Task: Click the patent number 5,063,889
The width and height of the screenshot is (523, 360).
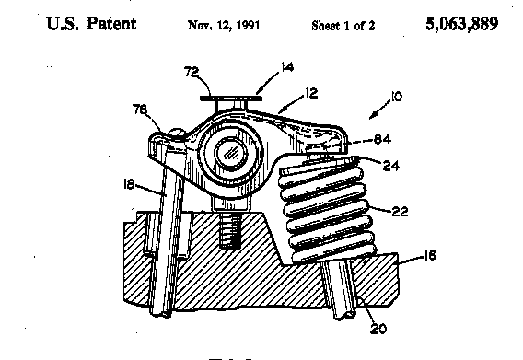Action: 462,24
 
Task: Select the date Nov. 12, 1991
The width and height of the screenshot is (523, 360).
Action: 224,25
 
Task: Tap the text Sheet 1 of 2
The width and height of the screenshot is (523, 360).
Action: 343,26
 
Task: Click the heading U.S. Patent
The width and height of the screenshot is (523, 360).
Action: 91,23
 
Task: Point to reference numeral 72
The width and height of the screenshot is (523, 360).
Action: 192,72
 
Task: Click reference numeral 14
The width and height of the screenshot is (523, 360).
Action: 287,67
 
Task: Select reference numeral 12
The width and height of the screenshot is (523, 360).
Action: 311,93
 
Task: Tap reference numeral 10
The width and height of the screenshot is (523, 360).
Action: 396,97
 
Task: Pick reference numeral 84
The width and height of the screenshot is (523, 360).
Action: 382,139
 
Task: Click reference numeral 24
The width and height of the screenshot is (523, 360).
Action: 391,166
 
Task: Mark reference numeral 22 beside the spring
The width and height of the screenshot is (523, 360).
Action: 400,211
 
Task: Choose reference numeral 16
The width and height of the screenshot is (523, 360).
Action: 430,256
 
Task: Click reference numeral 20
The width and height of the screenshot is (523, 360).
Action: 378,329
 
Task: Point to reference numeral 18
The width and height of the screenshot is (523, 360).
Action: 128,184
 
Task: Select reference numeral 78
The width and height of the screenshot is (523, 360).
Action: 139,109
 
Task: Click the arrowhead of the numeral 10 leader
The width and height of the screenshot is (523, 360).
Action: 373,116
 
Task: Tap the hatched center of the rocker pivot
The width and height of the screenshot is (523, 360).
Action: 230,154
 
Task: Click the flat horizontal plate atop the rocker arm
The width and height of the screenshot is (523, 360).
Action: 231,99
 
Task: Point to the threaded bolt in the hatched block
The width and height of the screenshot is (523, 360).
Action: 230,230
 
